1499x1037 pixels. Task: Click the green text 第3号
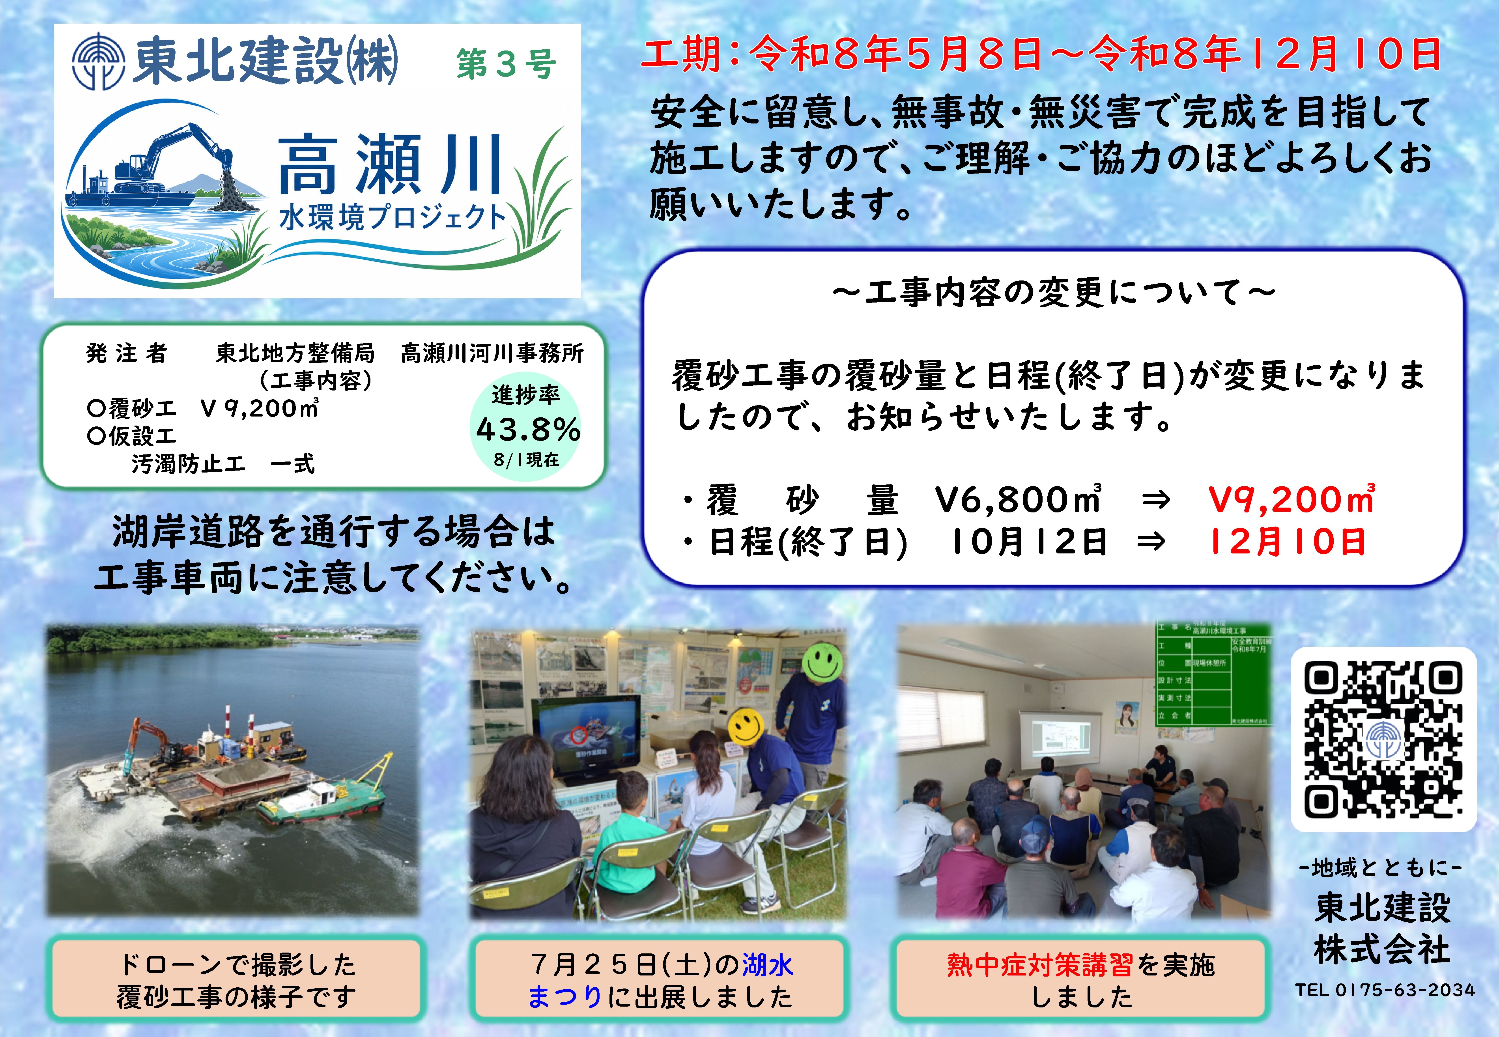point(506,64)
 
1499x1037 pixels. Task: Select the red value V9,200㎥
point(1291,499)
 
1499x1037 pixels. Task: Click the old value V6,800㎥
point(1018,499)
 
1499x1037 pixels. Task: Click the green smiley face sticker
point(823,661)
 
